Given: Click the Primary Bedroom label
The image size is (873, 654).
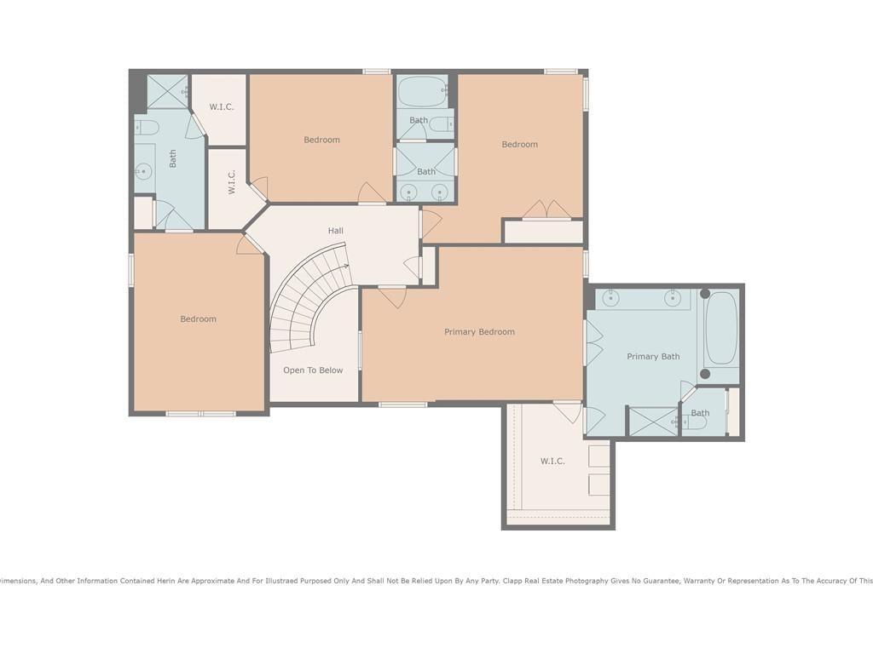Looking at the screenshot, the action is pyautogui.click(x=479, y=332).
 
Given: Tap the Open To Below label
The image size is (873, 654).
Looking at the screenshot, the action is pyautogui.click(x=313, y=370).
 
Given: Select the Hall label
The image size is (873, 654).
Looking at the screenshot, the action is pyautogui.click(x=335, y=231).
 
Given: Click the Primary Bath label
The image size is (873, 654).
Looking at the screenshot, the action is pyautogui.click(x=653, y=357).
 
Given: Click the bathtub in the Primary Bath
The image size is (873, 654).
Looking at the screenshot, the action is pyautogui.click(x=721, y=328).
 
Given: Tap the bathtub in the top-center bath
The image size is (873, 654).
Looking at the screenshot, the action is pyautogui.click(x=423, y=91).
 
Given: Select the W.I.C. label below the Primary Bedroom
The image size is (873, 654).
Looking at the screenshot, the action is pyautogui.click(x=552, y=461).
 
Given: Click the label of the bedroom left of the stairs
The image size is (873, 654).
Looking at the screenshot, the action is pyautogui.click(x=198, y=319).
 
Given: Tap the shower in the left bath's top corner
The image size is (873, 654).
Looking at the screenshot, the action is pyautogui.click(x=167, y=92).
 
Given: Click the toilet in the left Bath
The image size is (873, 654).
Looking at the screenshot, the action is pyautogui.click(x=146, y=128).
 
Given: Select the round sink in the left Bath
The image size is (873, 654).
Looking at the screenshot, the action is pyautogui.click(x=143, y=170).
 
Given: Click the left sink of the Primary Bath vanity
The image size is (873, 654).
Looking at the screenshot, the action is pyautogui.click(x=610, y=299).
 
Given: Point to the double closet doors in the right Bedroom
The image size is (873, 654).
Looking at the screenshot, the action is pyautogui.click(x=546, y=209).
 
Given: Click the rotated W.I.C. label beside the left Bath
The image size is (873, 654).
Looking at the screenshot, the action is pyautogui.click(x=232, y=182).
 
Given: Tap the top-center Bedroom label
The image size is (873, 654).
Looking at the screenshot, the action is pyautogui.click(x=321, y=141).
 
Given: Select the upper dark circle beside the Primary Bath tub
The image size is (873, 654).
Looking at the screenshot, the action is pyautogui.click(x=705, y=294).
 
